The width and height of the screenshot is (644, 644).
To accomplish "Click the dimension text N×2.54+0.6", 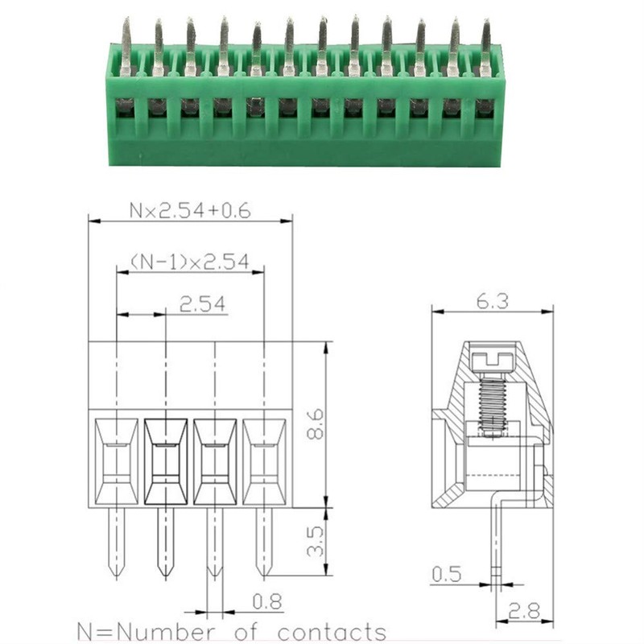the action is point(190,211).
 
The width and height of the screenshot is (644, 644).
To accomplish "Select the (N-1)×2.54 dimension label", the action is point(190,262).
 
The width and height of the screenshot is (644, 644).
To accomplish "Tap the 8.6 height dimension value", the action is point(316,425).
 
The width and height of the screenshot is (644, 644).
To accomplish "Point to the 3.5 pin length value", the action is point(316,542).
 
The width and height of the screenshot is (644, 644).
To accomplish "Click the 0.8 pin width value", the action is point(267,601).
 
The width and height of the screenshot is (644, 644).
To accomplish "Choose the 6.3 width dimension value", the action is point(493,301).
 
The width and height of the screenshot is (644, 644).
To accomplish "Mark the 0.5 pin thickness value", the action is point(447,573).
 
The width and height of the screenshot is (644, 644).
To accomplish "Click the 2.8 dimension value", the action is point(525,611).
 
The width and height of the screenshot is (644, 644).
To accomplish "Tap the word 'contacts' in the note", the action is point(332,632).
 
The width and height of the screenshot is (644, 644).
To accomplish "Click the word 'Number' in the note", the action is point(168,632).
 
